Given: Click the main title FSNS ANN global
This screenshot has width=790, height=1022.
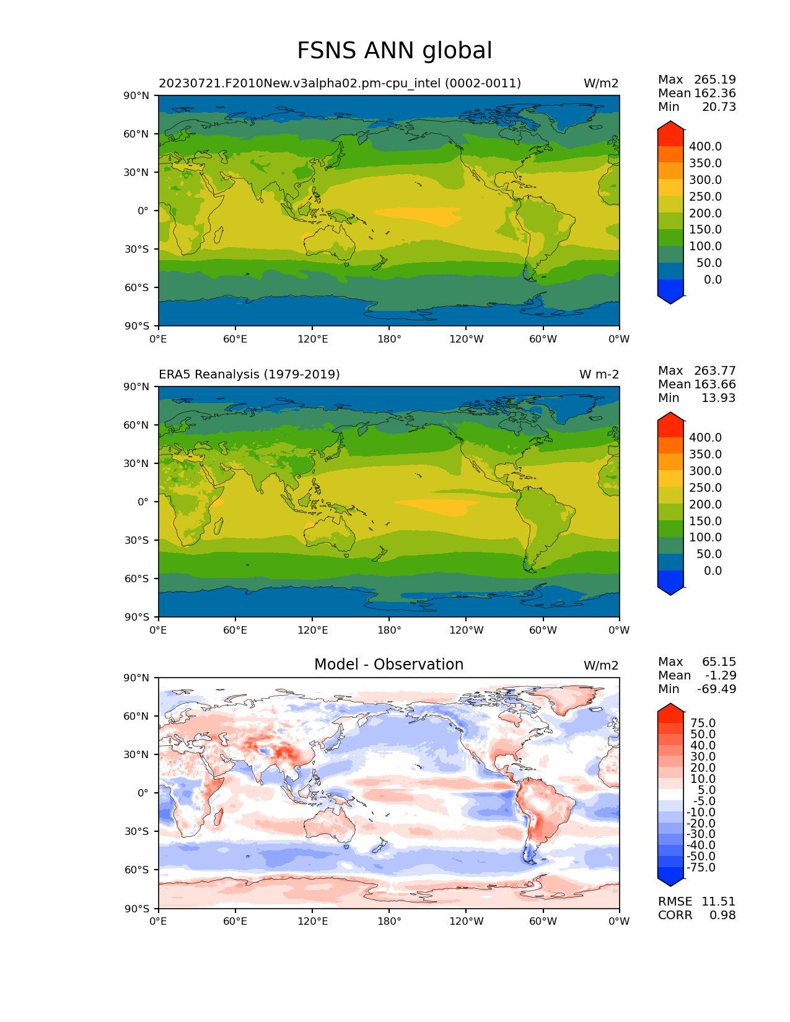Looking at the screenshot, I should (x=394, y=51).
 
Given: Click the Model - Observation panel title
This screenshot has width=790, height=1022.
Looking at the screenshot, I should (x=388, y=665).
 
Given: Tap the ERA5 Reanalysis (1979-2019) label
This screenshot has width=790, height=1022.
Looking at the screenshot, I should (x=249, y=375).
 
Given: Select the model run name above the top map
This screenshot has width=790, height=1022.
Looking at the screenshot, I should (x=340, y=84).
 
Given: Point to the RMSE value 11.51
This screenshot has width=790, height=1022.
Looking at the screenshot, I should (x=718, y=902).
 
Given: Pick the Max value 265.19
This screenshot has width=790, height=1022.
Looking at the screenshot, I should (x=715, y=80).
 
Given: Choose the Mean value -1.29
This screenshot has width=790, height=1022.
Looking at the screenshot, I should (x=720, y=676).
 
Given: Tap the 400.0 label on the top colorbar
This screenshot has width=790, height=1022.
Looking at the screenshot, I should (x=705, y=147).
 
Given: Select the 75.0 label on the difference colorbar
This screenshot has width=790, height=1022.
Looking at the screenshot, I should (x=703, y=723).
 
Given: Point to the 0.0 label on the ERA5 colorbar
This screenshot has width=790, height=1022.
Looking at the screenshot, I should (x=713, y=571).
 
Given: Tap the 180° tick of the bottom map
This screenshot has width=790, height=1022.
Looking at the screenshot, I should (x=389, y=922).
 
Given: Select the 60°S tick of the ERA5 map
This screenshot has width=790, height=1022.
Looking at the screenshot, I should (x=137, y=579).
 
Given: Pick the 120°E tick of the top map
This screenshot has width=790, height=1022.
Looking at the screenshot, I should (x=312, y=339).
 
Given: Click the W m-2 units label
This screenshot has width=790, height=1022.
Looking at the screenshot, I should (x=599, y=375).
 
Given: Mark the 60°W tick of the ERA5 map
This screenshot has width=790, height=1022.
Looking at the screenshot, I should (x=543, y=631).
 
